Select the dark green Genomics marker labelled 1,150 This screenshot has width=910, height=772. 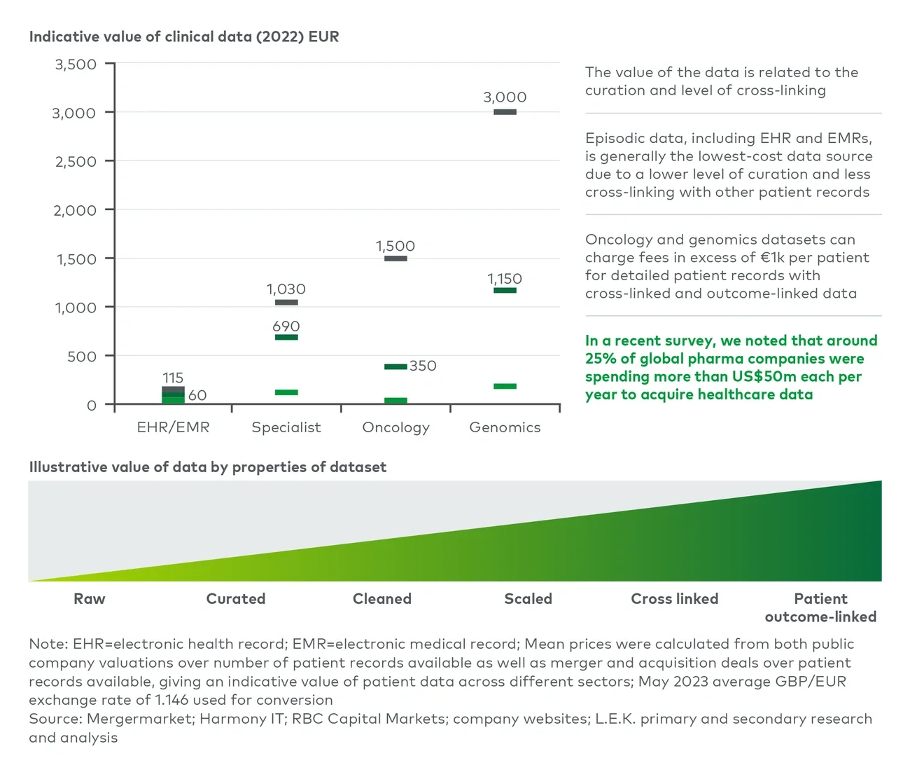tap(505, 290)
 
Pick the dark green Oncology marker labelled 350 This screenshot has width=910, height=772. tap(395, 366)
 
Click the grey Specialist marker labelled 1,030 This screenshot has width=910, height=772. tap(286, 303)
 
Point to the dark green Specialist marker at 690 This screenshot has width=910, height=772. tap(286, 338)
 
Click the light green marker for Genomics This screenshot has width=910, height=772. tap(505, 386)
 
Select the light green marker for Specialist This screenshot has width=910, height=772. tap(286, 392)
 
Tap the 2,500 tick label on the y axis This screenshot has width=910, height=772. tap(76, 162)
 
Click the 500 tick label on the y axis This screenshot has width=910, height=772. tap(81, 357)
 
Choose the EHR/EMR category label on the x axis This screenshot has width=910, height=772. tap(173, 427)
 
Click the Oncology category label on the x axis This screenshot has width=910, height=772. tap(395, 427)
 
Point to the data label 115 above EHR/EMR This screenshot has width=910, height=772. tap(173, 378)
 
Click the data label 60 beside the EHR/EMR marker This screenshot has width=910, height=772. tap(197, 395)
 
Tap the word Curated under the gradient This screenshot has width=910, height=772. tap(236, 599)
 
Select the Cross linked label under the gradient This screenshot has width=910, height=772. tap(674, 599)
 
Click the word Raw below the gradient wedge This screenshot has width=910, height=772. tap(90, 599)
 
